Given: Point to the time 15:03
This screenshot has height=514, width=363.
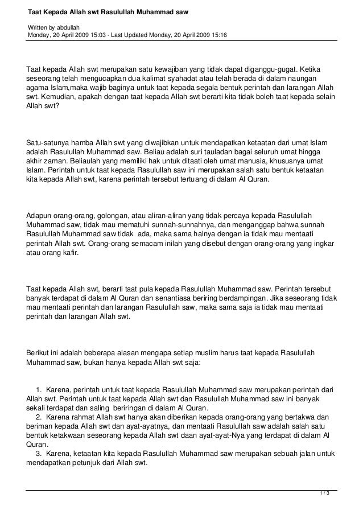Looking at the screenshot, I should coord(104,35).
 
